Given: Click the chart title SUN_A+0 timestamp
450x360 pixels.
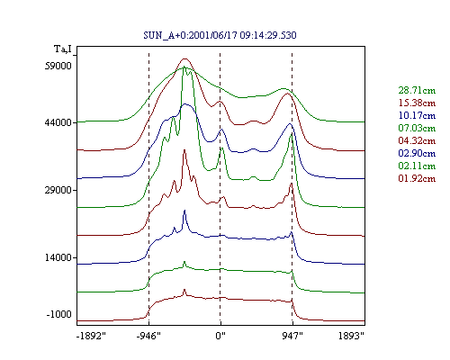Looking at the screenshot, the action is click(220, 35).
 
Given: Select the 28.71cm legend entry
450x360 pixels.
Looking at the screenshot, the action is click(417, 90).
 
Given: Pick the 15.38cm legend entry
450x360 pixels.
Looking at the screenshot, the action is click(417, 103).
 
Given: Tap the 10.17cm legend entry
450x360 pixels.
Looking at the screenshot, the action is click(417, 115).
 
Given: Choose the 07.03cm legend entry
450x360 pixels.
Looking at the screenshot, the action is click(417, 128).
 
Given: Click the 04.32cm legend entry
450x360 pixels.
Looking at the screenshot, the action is click(417, 140).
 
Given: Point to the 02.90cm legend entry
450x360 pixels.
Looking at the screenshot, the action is click(417, 153).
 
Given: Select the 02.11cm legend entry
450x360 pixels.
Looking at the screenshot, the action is click(417, 166).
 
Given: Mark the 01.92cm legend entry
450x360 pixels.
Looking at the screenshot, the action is click(417, 178).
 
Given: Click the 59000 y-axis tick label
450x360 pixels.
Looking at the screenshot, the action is click(58, 66).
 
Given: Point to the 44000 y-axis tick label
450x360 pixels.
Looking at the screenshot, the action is click(58, 122).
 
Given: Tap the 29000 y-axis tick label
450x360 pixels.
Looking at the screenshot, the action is click(58, 190).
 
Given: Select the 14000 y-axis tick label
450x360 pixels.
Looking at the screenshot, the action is click(58, 257).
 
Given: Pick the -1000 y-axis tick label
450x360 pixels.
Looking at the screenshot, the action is click(59, 314).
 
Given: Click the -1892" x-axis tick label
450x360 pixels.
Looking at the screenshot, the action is click(91, 336).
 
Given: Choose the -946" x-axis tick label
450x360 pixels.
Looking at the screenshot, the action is click(148, 336).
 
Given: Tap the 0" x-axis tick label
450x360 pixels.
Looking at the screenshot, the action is click(220, 336).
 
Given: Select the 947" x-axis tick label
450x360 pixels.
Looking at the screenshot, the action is click(292, 336).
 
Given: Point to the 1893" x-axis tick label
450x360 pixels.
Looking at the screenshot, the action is click(351, 336).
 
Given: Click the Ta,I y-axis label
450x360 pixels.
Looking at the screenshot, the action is click(63, 49).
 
